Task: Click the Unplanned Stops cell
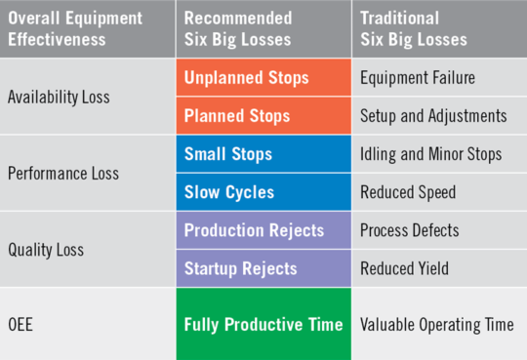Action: [x=263, y=78]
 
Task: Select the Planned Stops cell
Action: [x=263, y=115]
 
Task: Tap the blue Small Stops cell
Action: [x=263, y=154]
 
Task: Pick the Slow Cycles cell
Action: [x=263, y=192]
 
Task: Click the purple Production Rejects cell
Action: [x=263, y=231]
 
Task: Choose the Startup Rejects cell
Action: [x=263, y=268]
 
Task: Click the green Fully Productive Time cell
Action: [x=263, y=324]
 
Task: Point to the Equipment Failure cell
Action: [x=439, y=78]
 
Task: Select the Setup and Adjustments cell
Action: [x=439, y=115]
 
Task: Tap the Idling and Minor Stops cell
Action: [x=439, y=154]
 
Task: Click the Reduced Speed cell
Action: [x=439, y=192]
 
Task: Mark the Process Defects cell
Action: [x=439, y=231]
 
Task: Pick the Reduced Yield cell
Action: [x=439, y=268]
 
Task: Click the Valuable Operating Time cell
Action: [x=439, y=324]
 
